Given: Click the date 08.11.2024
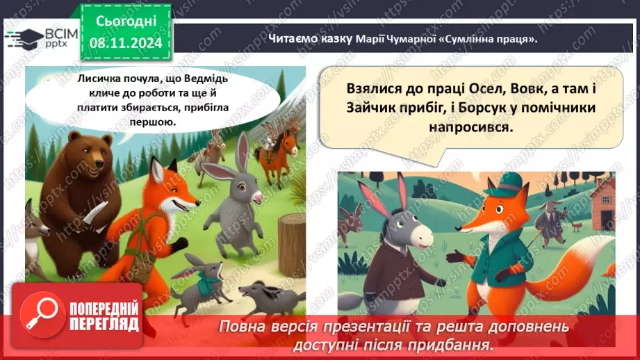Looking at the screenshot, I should pyautogui.click(x=126, y=42).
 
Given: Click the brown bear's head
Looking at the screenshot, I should pyautogui.click(x=83, y=154).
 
